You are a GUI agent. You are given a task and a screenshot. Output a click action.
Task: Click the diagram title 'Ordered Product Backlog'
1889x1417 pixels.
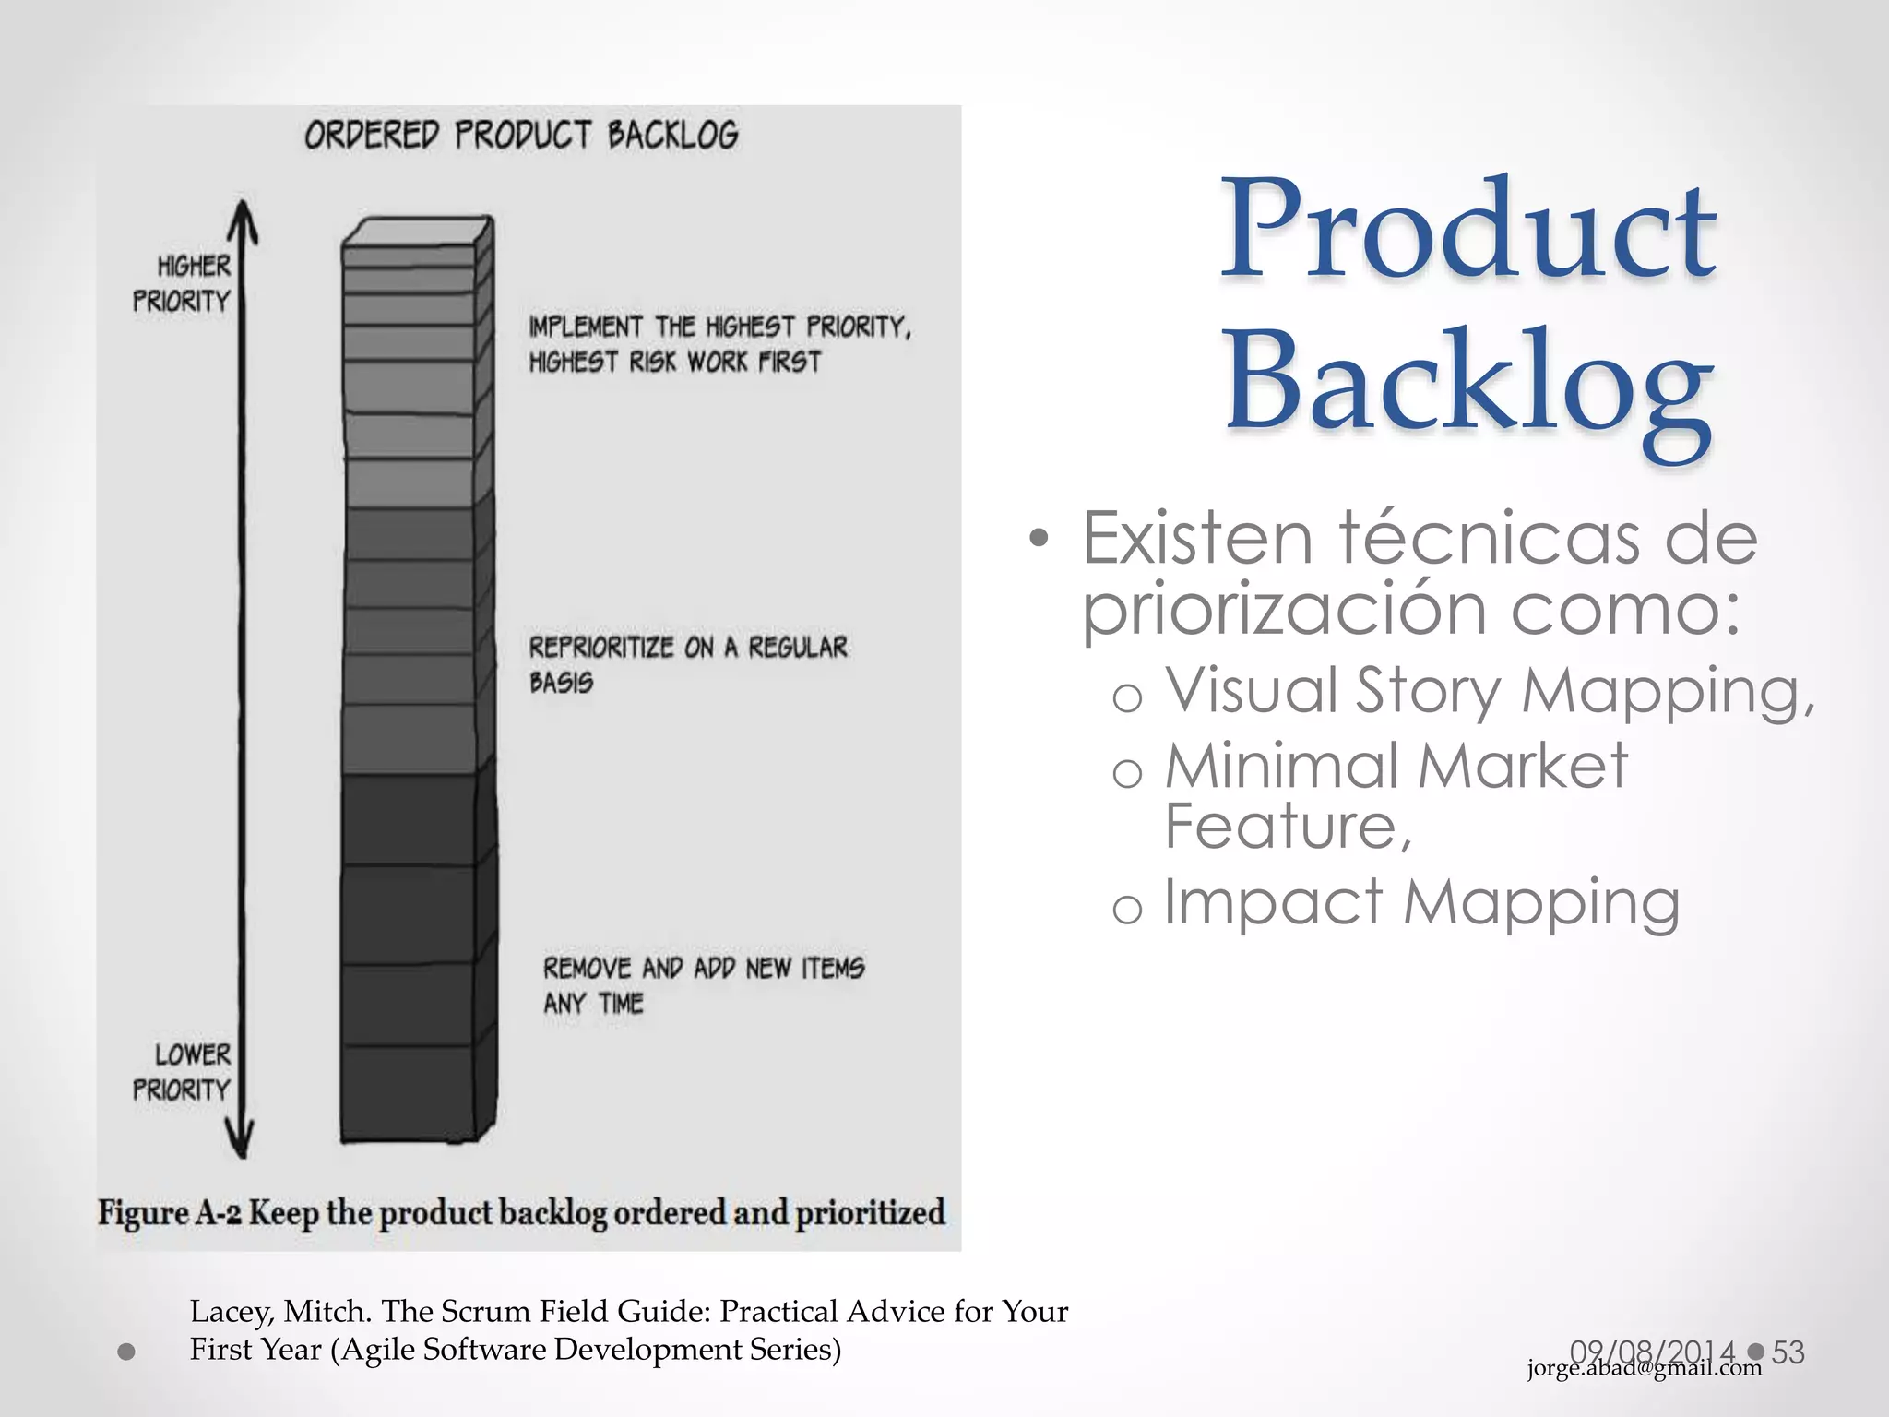click(x=521, y=136)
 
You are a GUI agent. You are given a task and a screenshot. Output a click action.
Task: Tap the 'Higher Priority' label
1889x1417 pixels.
click(x=182, y=283)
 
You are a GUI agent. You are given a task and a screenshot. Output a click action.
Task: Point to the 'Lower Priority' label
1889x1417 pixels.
click(x=182, y=1072)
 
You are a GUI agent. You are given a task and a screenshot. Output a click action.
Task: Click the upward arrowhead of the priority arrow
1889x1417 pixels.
click(x=243, y=218)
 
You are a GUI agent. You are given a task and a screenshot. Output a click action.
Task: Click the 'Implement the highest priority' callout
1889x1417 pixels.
click(x=719, y=344)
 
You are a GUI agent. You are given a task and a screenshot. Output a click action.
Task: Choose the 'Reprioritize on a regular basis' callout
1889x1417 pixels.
click(x=687, y=664)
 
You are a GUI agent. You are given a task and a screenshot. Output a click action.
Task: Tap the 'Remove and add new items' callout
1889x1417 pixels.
click(x=703, y=985)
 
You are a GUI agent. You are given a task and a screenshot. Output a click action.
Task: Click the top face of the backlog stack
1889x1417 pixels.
click(x=417, y=231)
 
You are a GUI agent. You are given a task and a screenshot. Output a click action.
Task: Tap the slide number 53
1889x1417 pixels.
click(x=1788, y=1352)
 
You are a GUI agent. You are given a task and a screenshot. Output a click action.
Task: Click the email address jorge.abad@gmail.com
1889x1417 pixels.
click(x=1644, y=1368)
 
